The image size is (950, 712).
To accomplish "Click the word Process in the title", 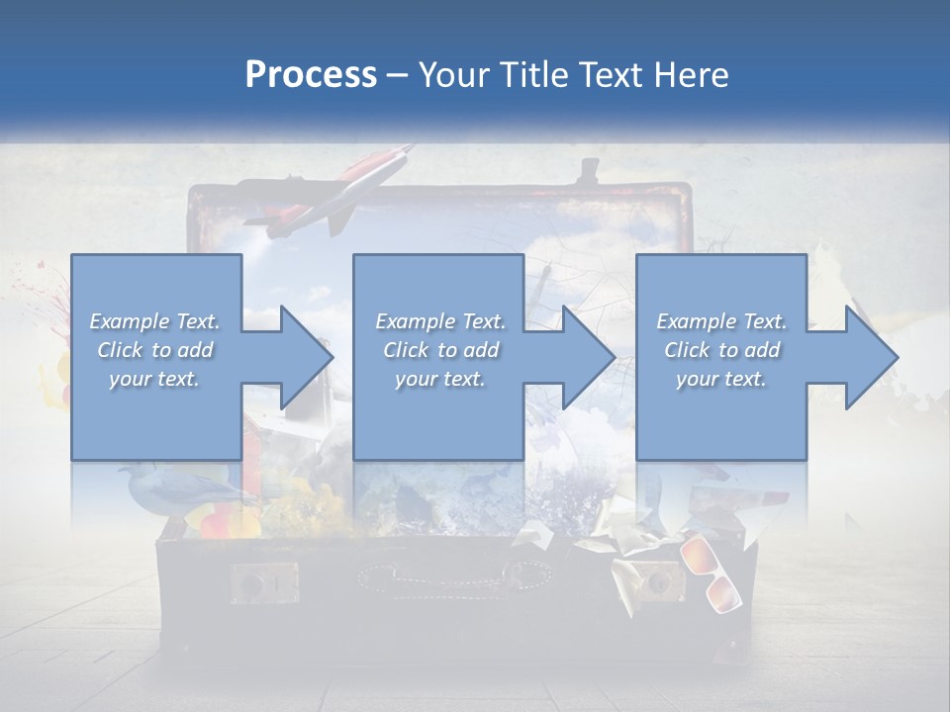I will pyautogui.click(x=311, y=75).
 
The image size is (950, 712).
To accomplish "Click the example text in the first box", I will pyautogui.click(x=154, y=350).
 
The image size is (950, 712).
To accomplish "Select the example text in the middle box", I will pyautogui.click(x=439, y=350).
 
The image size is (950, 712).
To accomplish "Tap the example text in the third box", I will pyautogui.click(x=720, y=350).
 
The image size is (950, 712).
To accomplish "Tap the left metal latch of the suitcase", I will pyautogui.click(x=263, y=582).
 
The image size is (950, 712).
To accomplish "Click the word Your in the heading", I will pyautogui.click(x=454, y=75).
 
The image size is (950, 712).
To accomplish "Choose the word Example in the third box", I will pyautogui.click(x=696, y=321).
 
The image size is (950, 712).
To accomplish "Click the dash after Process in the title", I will pyautogui.click(x=398, y=75).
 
